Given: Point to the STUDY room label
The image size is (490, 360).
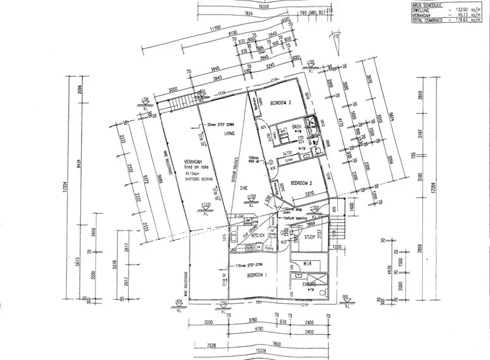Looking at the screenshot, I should (310, 238).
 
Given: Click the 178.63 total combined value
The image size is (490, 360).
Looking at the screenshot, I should (461, 21).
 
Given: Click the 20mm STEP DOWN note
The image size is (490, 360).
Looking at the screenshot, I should (220, 125).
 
